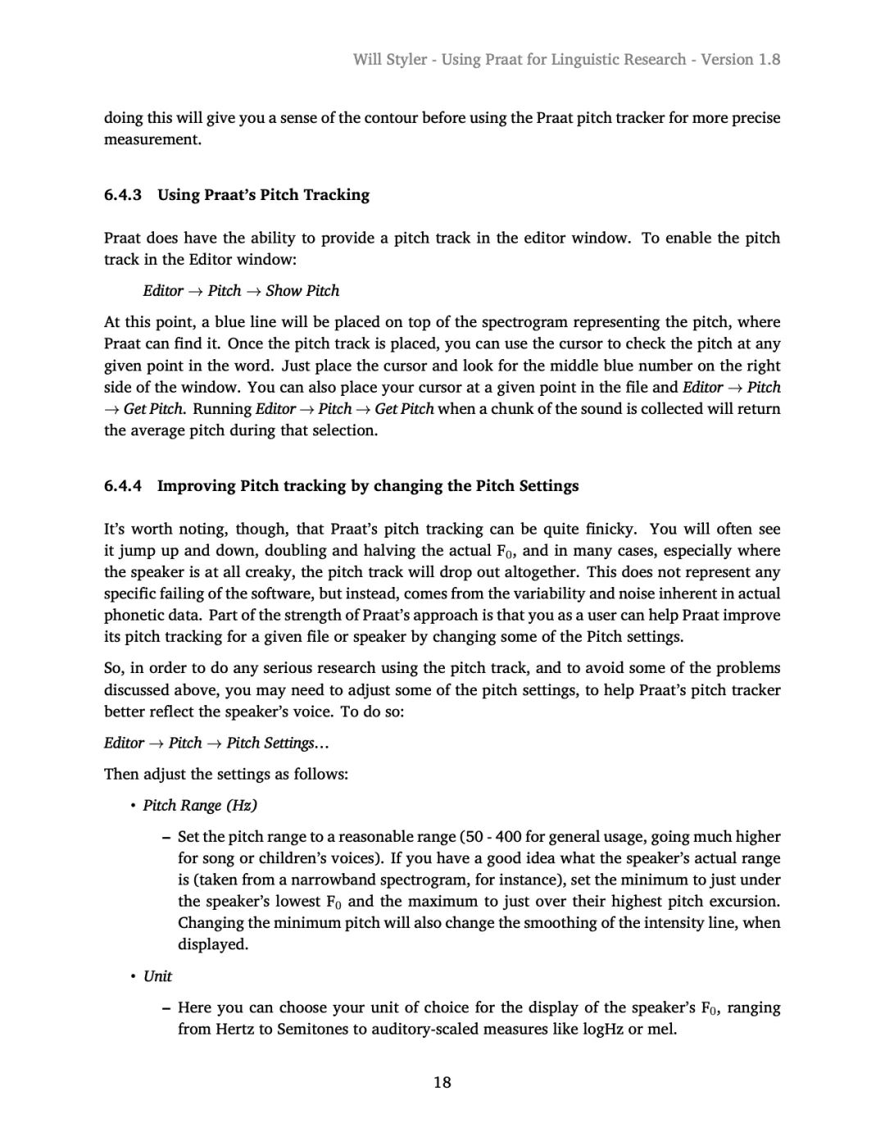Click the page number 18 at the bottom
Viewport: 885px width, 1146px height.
pyautogui.click(x=442, y=1083)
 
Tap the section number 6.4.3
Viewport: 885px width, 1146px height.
pyautogui.click(x=123, y=195)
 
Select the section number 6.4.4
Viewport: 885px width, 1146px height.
pyautogui.click(x=123, y=486)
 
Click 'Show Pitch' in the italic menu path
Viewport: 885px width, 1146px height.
pyautogui.click(x=302, y=291)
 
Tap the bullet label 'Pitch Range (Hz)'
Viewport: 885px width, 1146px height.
pyautogui.click(x=200, y=806)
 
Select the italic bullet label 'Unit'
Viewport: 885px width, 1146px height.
pyautogui.click(x=157, y=976)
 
